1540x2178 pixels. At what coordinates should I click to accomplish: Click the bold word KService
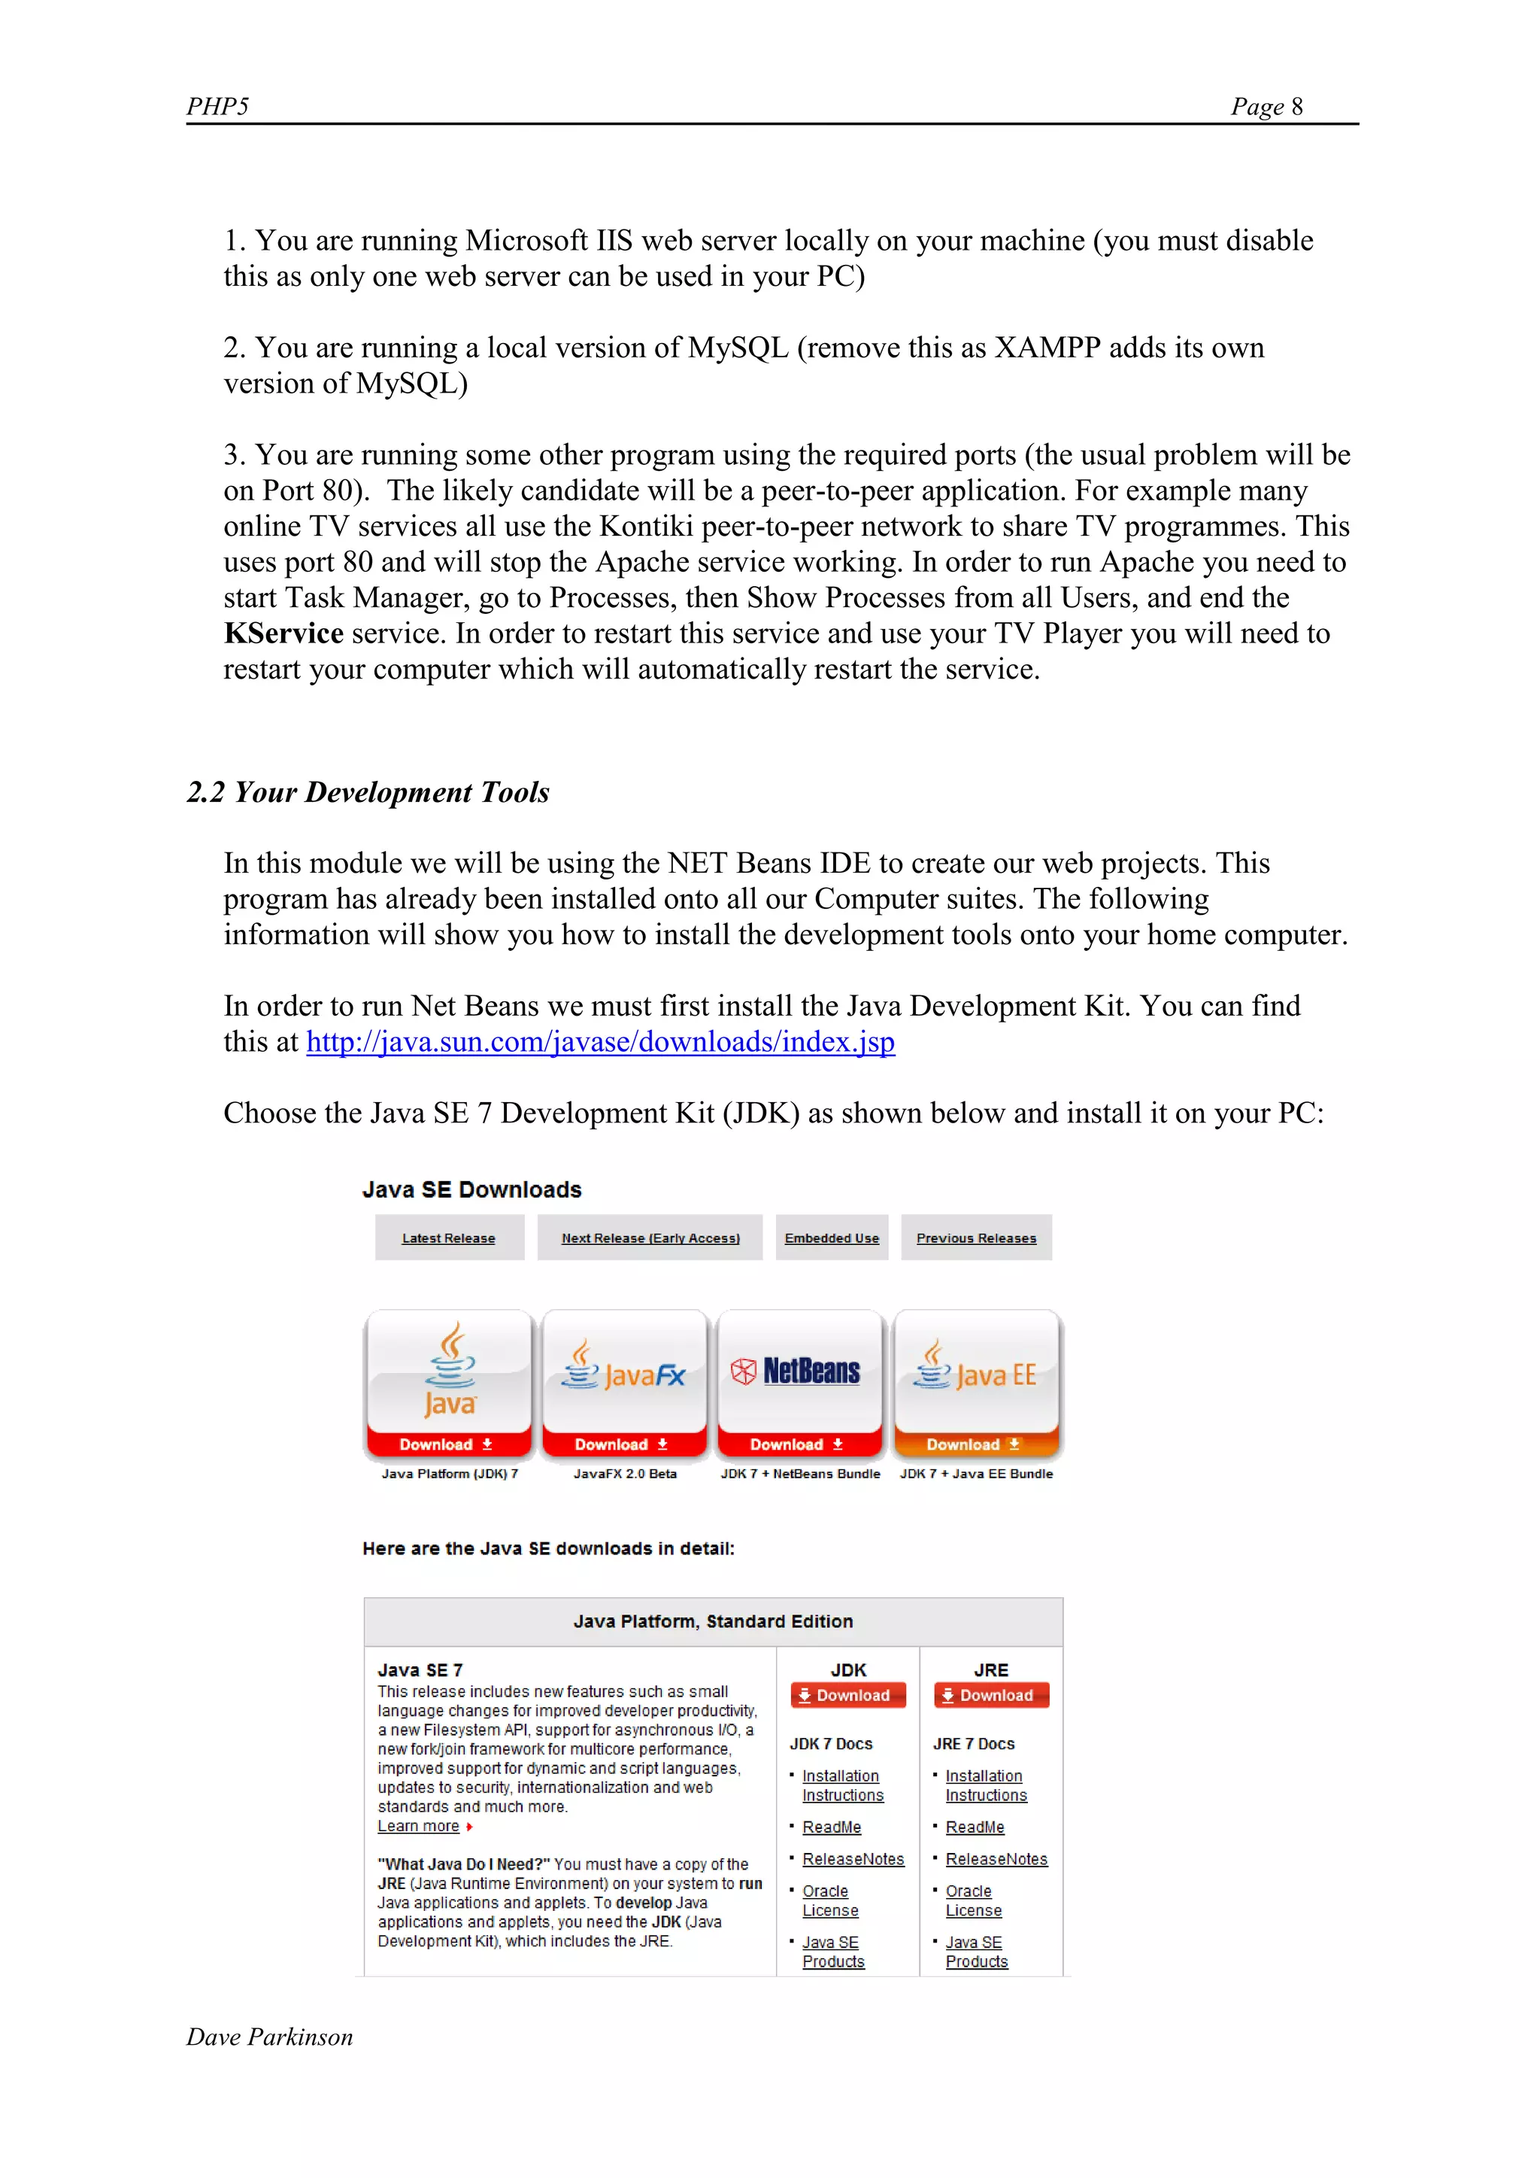pos(283,633)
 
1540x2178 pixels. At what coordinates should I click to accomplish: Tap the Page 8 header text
pos(1266,106)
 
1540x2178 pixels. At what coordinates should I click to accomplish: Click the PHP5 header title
pos(217,106)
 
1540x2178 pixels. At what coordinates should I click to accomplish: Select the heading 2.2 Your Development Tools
pos(368,792)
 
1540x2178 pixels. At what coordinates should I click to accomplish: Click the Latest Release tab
pos(448,1238)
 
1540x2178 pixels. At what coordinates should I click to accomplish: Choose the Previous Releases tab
pos(976,1238)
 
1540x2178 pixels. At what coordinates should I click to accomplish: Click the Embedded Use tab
pos(832,1238)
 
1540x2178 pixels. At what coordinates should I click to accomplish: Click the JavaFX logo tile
pos(624,1374)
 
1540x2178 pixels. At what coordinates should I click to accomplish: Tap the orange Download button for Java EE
pos(975,1444)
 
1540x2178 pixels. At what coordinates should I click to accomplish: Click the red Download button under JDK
pos(847,1695)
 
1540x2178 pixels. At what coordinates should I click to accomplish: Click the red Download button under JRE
pos(991,1695)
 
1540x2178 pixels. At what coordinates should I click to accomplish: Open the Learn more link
pos(418,1826)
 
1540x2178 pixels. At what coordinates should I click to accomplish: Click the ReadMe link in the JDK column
pos(832,1827)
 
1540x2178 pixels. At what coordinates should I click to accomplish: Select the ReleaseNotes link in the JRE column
pos(996,1859)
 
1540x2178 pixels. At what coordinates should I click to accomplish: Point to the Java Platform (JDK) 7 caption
pos(450,1473)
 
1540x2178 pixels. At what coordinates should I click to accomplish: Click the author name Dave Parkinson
pos(269,2037)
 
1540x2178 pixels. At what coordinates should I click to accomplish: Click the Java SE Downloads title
pos(471,1189)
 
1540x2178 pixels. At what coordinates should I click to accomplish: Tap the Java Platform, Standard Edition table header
pos(712,1621)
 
